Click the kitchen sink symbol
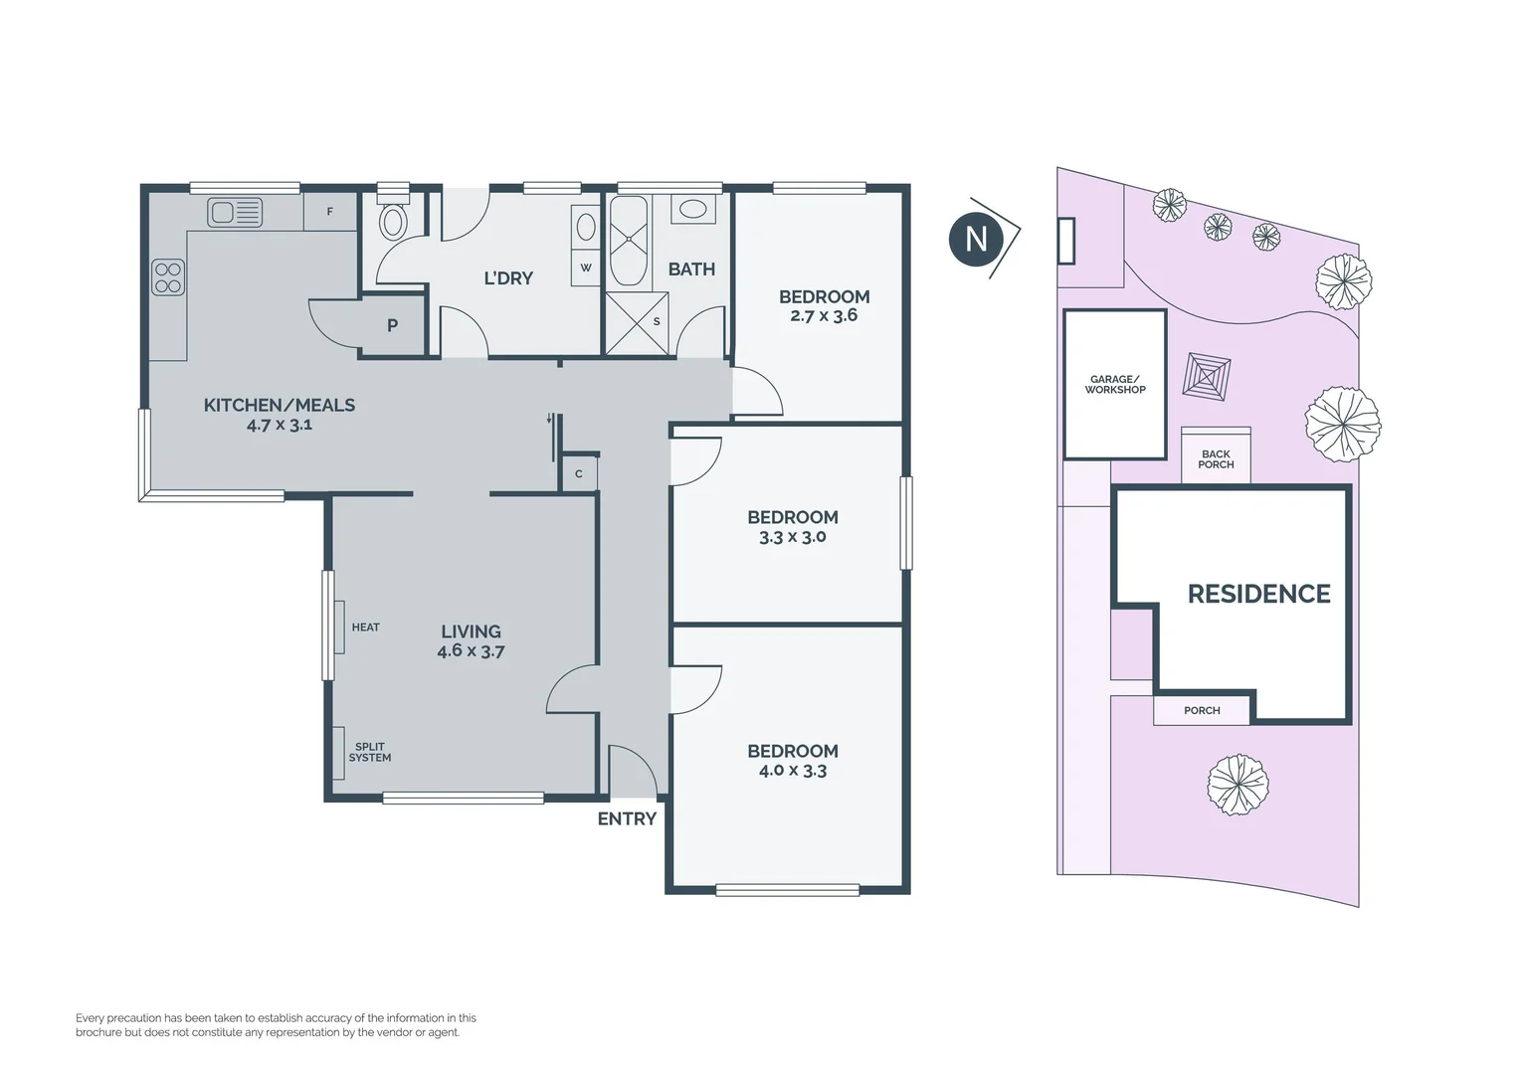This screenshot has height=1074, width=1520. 235,213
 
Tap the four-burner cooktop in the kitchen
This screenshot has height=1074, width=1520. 167,276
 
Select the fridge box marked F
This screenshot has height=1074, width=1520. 330,212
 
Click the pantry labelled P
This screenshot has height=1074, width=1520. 393,325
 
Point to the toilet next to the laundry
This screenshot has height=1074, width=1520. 393,221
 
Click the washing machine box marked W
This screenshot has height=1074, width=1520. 586,268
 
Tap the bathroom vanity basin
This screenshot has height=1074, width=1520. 692,210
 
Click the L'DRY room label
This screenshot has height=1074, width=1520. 508,278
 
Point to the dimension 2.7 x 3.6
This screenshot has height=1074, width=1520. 824,316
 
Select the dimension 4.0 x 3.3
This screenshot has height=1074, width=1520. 793,771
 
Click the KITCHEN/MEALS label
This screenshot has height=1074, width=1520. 280,405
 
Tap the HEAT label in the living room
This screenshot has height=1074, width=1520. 365,627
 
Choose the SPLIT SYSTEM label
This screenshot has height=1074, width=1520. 369,752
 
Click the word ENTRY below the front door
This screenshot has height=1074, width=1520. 627,819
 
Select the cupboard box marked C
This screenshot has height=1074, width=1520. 579,474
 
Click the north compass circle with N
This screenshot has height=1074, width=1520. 976,239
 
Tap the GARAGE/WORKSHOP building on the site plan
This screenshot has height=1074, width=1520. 1114,384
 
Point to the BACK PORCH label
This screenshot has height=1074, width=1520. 1216,459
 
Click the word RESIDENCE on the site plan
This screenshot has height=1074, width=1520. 1258,595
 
